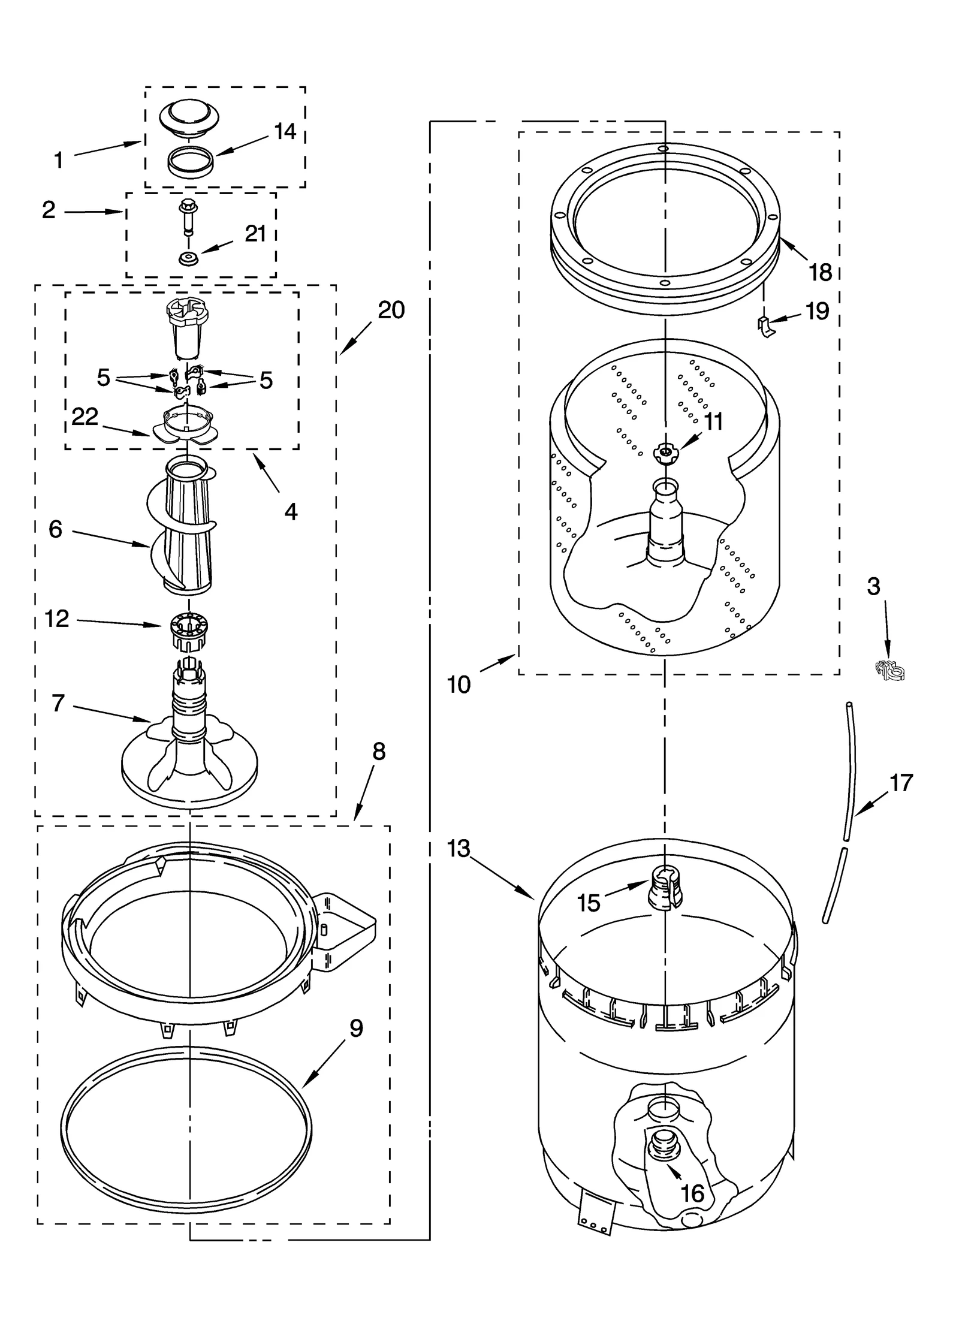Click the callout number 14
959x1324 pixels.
click(x=285, y=132)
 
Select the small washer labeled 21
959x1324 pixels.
click(x=189, y=260)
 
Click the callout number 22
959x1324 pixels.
click(x=85, y=417)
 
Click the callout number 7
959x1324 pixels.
click(x=58, y=703)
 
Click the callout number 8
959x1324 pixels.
click(x=378, y=752)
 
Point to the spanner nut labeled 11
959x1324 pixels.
click(x=664, y=452)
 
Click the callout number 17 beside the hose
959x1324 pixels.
click(x=901, y=783)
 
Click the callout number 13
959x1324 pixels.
click(x=459, y=849)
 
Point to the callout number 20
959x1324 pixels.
click(x=391, y=310)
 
